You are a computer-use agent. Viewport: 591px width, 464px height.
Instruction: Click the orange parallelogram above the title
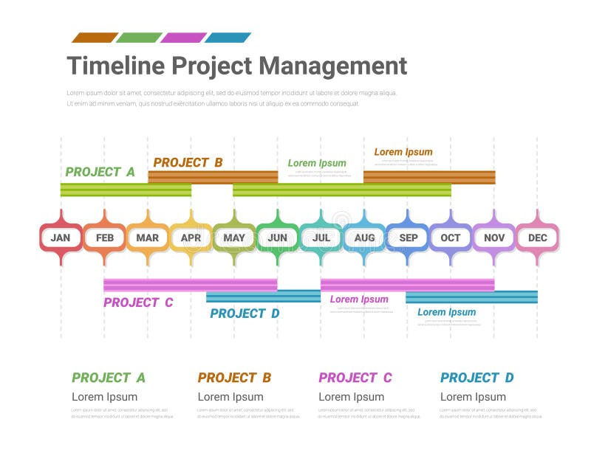pos(94,38)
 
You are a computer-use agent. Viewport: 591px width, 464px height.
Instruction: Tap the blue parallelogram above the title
pos(228,38)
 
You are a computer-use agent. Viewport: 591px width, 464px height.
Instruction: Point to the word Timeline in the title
pos(115,66)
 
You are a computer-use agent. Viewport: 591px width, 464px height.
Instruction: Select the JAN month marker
pos(61,238)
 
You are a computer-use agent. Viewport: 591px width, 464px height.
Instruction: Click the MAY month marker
pos(234,238)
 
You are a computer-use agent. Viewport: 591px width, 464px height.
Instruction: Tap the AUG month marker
pos(364,238)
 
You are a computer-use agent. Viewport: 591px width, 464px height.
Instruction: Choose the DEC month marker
pos(537,238)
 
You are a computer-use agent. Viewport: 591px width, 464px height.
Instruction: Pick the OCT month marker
pos(451,238)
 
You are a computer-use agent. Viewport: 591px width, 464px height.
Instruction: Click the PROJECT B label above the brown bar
pos(188,162)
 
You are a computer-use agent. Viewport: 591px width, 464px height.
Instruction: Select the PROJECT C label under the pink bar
pos(138,302)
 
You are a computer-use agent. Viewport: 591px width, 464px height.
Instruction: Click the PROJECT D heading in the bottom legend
pos(476,378)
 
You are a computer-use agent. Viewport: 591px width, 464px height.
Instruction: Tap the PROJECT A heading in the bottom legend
pos(109,378)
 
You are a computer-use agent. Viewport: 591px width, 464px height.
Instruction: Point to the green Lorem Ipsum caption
pos(317,163)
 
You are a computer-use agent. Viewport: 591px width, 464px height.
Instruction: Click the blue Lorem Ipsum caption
pos(446,312)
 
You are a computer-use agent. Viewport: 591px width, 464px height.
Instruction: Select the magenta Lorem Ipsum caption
pos(359,299)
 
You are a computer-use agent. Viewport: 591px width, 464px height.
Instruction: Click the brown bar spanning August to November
pos(428,177)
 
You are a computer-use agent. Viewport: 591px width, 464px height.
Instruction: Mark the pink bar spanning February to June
pos(190,285)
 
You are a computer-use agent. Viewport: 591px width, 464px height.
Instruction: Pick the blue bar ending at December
pos(471,297)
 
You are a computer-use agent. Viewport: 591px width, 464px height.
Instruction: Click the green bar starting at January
pos(126,190)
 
